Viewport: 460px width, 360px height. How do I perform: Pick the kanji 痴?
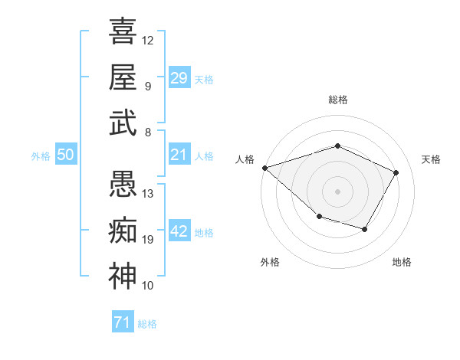tap(123, 231)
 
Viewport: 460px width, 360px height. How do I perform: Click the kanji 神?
tap(123, 277)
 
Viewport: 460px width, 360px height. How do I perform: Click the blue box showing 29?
tap(179, 77)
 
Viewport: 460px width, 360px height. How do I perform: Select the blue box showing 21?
tap(179, 155)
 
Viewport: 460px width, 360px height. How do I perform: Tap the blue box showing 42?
tap(179, 231)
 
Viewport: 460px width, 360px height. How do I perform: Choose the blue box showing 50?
tap(65, 155)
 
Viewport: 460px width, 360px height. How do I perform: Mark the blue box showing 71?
tap(122, 322)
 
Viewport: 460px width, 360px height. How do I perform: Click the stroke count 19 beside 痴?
tap(148, 240)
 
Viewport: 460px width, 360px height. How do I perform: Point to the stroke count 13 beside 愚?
tap(148, 194)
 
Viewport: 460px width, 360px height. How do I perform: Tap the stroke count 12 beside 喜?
tap(148, 40)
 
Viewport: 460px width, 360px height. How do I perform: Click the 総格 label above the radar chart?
tap(337, 100)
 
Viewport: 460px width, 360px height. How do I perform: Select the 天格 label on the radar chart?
tap(431, 159)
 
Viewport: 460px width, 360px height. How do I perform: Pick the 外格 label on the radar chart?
tap(270, 262)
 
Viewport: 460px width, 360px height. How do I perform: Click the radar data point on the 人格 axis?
tap(264, 167)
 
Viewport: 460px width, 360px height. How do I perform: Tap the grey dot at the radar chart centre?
tap(337, 191)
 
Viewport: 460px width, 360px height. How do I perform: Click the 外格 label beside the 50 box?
tap(41, 155)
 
